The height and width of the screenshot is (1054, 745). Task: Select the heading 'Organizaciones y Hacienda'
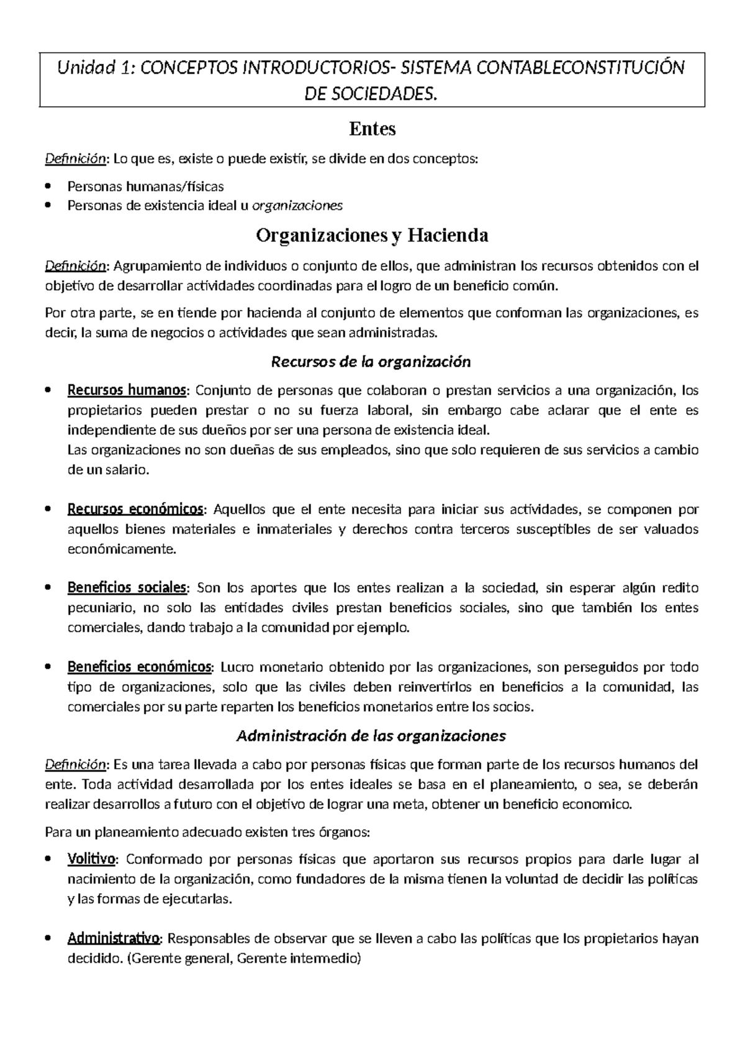tap(372, 236)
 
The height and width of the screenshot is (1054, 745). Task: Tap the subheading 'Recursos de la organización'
tap(372, 361)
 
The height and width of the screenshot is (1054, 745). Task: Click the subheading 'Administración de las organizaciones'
tap(372, 736)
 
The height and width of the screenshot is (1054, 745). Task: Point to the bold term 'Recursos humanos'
tap(126, 390)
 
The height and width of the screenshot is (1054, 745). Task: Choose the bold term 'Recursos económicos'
tap(135, 510)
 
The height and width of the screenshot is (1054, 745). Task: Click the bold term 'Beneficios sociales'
tap(127, 587)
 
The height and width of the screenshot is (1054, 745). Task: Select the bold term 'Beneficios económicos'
tap(139, 667)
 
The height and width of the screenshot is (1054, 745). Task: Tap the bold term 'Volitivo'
tap(92, 859)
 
